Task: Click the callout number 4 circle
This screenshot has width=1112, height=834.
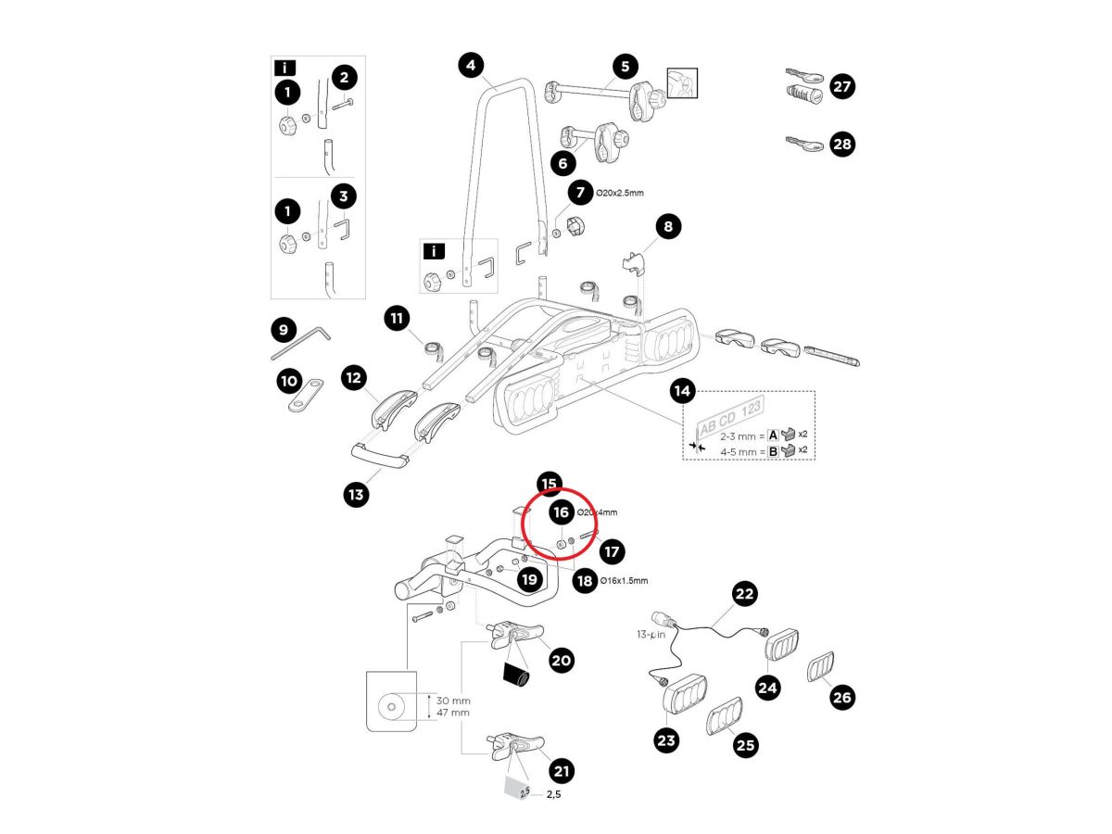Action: [x=472, y=65]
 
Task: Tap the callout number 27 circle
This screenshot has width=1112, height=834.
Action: [x=842, y=86]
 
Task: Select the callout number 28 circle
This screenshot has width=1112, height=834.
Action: [x=842, y=145]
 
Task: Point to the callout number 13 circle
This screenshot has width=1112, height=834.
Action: [x=356, y=495]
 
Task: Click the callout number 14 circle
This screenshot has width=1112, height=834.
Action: [x=682, y=391]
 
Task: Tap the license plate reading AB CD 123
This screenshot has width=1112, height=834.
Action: [x=731, y=427]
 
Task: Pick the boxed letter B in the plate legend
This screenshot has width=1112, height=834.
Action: [x=773, y=451]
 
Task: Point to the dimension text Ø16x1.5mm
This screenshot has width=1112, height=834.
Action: [x=624, y=581]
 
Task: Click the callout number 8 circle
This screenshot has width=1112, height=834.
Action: [x=668, y=225]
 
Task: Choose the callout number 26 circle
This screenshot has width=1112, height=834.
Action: [x=842, y=697]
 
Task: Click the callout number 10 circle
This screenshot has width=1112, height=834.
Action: [x=289, y=380]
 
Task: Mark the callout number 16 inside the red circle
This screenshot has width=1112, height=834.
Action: [x=560, y=512]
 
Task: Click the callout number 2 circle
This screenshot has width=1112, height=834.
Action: [x=344, y=78]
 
